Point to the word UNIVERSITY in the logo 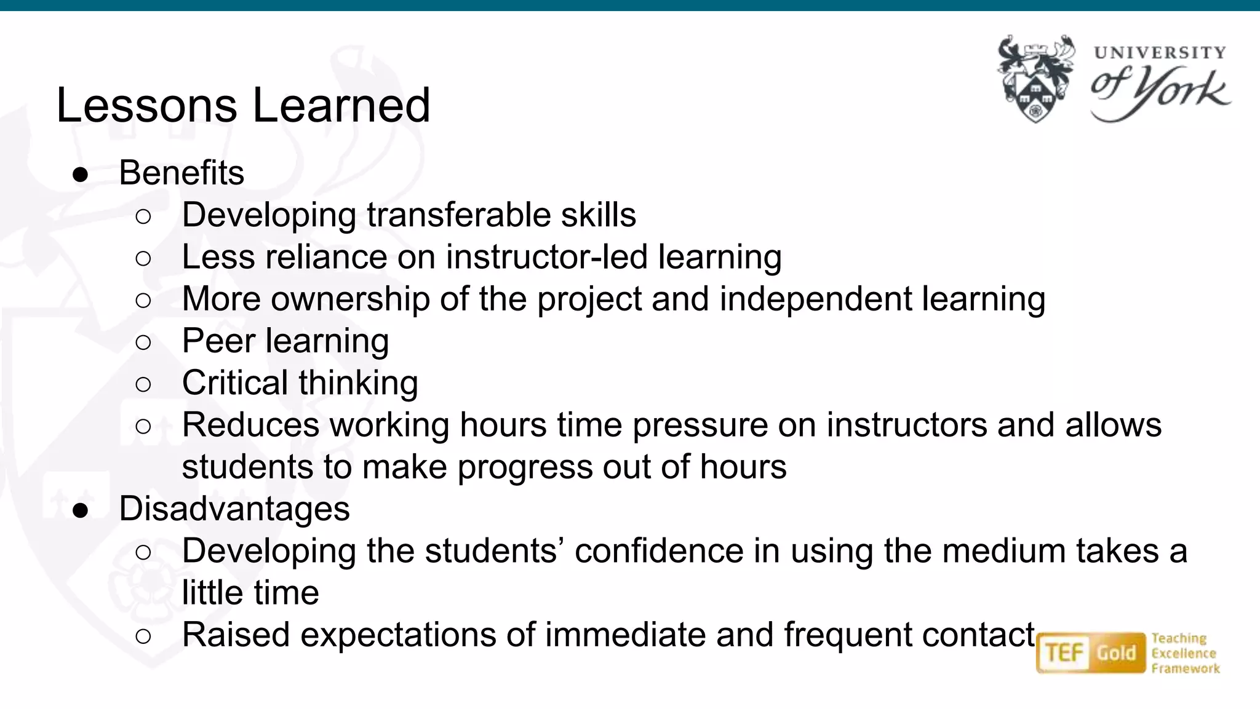[1160, 53]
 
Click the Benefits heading [181, 173]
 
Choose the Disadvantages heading [234, 509]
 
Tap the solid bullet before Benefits [81, 175]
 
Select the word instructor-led [546, 257]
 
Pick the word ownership [350, 299]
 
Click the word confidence [659, 551]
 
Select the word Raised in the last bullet [236, 635]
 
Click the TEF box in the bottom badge [1064, 653]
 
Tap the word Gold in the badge [1117, 653]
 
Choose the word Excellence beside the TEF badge [1184, 654]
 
